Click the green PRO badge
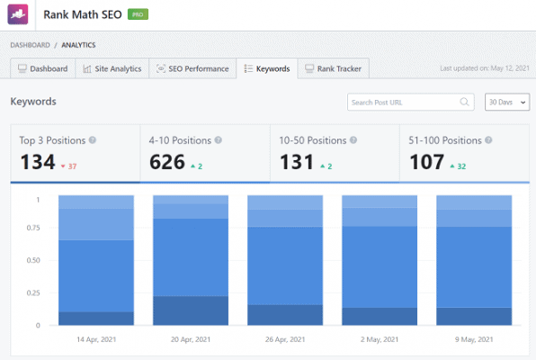(x=138, y=15)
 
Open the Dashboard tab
(x=42, y=68)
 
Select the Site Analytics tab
(x=112, y=68)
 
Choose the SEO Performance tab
(x=192, y=68)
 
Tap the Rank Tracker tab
(x=333, y=68)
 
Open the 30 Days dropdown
(x=506, y=103)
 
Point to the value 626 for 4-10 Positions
(x=167, y=163)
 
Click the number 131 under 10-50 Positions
(x=298, y=163)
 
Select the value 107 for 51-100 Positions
(x=427, y=163)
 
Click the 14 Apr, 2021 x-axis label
(x=95, y=340)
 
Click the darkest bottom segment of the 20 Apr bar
(x=191, y=310)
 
